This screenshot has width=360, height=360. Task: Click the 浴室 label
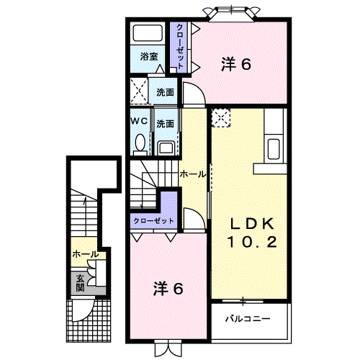(149, 55)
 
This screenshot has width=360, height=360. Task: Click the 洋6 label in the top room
(235, 64)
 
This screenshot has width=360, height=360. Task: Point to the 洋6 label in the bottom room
(167, 289)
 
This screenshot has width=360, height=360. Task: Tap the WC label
(139, 122)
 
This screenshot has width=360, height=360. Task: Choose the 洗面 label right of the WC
(165, 122)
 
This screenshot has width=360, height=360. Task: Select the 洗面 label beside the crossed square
(165, 91)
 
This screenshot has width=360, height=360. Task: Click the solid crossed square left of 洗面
(139, 92)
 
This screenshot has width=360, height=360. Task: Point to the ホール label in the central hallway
(192, 174)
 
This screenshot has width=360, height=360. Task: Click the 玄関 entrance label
(76, 282)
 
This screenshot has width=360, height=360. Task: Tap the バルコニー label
(246, 317)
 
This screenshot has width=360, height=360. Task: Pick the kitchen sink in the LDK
(274, 150)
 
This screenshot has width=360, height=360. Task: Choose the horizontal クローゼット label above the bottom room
(153, 220)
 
